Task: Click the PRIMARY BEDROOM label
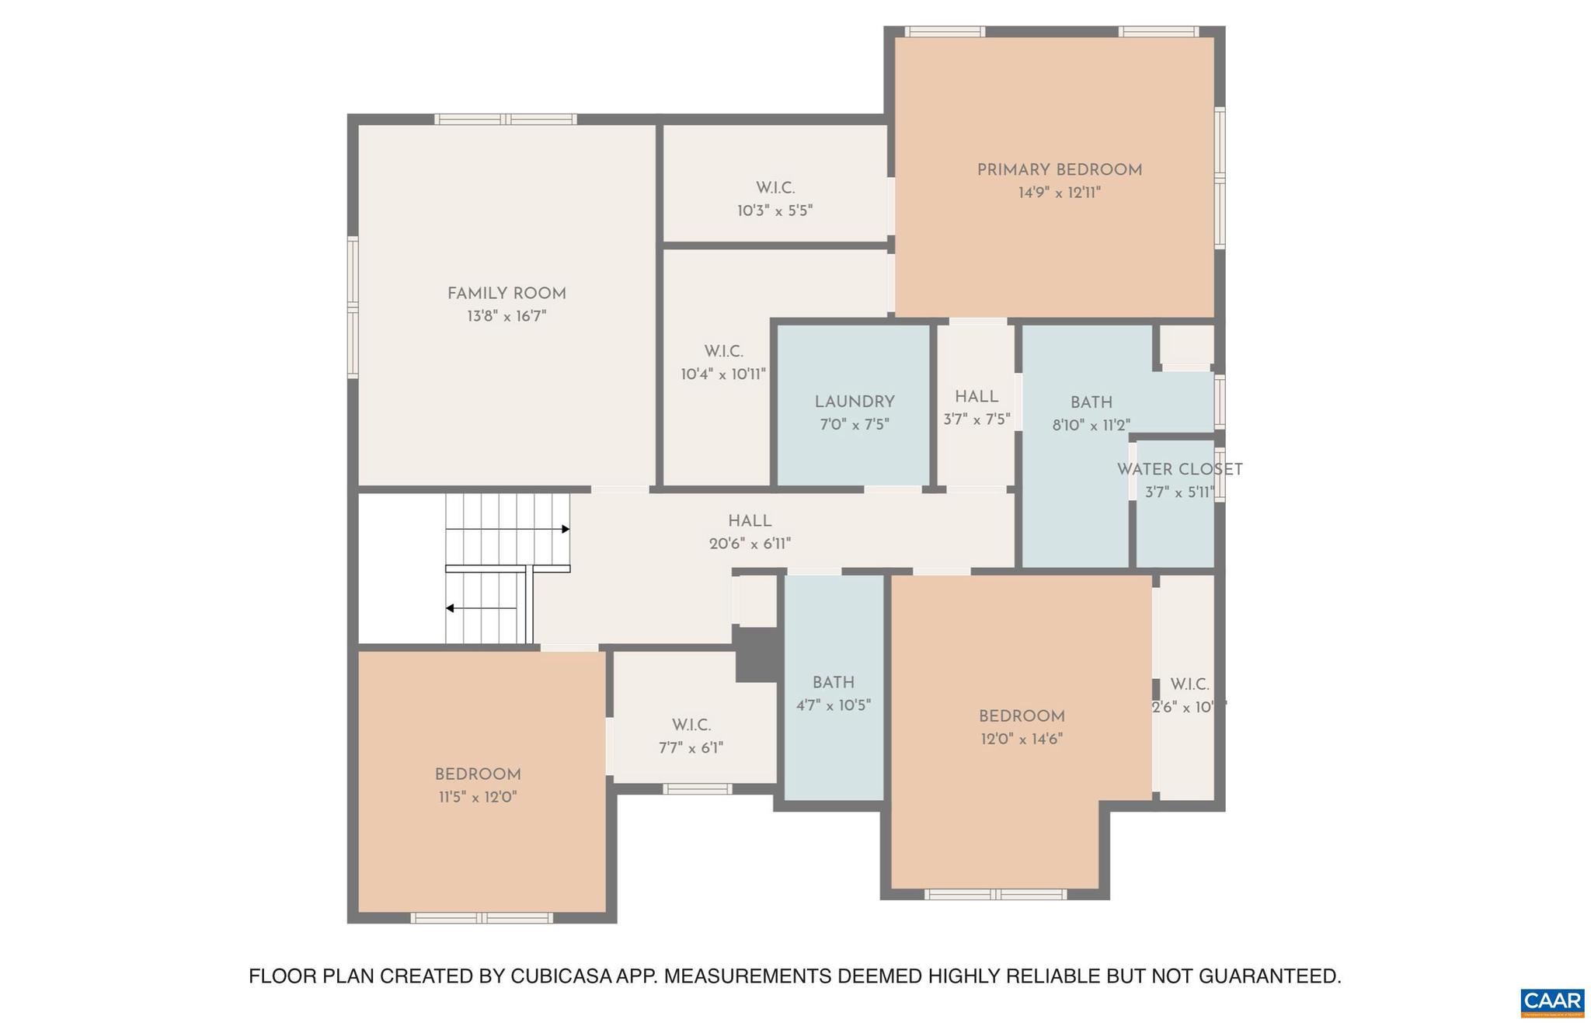pos(1059,170)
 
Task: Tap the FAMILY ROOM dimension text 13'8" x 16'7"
pos(507,316)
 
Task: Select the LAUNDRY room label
pos(855,402)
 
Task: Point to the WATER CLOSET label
pos(1179,469)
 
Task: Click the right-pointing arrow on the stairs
pos(566,529)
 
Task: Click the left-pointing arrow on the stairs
pos(450,608)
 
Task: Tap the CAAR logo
pos(1551,1001)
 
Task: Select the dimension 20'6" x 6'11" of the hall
pos(750,544)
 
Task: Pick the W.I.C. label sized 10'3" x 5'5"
pos(775,188)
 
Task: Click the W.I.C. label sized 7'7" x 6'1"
pos(691,725)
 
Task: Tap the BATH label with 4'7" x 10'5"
pos(834,683)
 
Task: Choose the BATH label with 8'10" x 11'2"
pos(1091,402)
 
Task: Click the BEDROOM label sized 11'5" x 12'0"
pos(478,774)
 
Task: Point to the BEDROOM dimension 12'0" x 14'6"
pos(1021,739)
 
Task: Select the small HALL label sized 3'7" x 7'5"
pos(977,397)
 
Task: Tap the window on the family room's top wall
pos(505,120)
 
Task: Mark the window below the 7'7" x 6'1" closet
pos(697,789)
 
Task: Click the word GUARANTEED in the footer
pos(1269,976)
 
